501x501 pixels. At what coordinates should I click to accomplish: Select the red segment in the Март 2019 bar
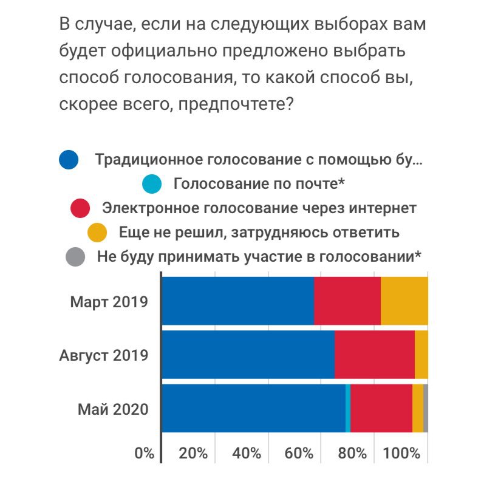pos(347,301)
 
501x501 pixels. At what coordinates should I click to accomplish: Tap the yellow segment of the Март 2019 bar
pos(404,301)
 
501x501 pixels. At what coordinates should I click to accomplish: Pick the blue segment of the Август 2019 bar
pos(248,355)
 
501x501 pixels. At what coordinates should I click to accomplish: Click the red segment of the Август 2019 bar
pos(375,355)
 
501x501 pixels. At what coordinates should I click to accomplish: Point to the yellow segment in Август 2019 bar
pos(421,355)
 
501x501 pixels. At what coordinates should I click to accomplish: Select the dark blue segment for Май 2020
pos(254,408)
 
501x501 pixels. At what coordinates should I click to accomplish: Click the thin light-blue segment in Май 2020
pos(348,408)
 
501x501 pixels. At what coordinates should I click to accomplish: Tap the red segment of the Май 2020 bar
pos(381,408)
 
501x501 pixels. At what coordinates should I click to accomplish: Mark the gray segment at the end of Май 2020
pos(426,408)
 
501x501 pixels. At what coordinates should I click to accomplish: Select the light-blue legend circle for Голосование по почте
pos(151,183)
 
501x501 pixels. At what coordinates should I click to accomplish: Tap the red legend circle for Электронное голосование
pos(80,208)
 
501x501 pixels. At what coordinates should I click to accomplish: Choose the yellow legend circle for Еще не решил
pos(97,232)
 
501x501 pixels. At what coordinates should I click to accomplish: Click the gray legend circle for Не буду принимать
pos(75,256)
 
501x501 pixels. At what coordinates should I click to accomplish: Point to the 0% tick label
pos(144,453)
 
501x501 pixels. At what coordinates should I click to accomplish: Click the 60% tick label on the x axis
pos(299,453)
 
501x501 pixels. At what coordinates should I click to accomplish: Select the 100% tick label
pos(402,453)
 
